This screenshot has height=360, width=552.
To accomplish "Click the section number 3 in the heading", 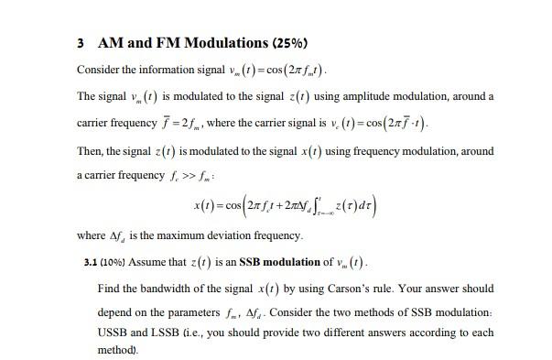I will (x=81, y=43).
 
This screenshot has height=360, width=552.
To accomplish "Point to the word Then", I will (x=91, y=151).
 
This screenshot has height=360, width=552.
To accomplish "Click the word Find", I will (x=108, y=289).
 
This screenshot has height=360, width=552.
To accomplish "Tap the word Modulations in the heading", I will (x=202, y=43).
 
